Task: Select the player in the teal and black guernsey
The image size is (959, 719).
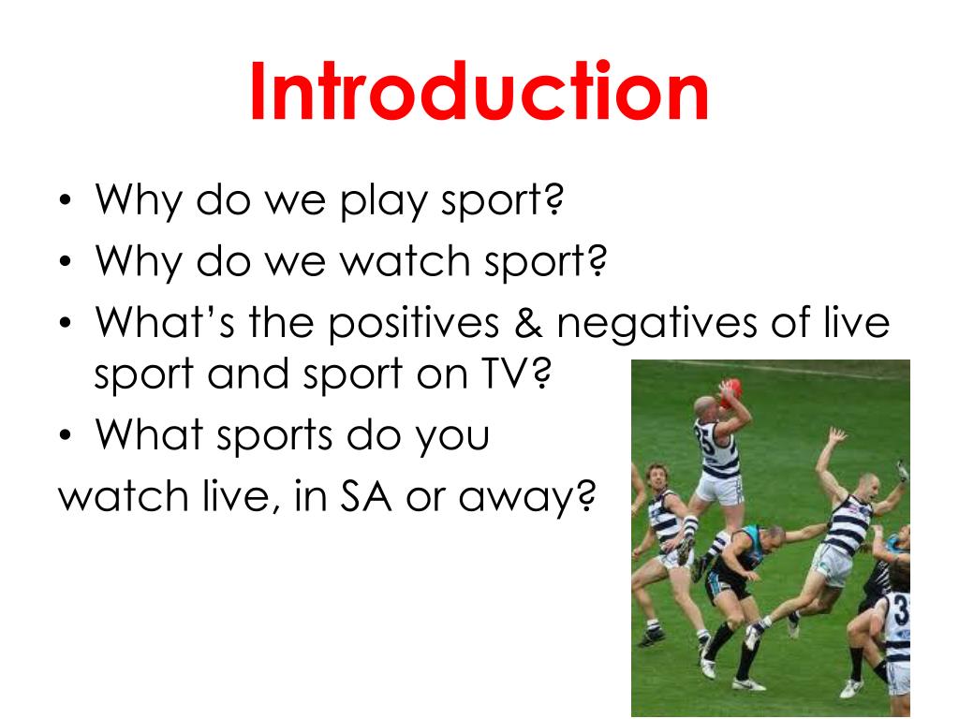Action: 745,562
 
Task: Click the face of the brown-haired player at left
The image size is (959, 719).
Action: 656,477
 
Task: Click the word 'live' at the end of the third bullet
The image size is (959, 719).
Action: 853,323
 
